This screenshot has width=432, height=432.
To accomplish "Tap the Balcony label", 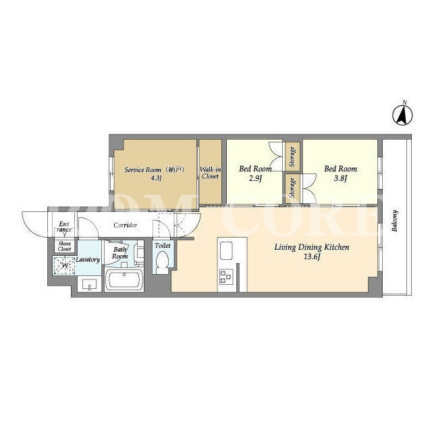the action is [395, 221].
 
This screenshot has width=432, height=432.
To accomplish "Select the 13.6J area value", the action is [312, 257].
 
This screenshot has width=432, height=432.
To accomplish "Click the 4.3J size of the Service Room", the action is [155, 178].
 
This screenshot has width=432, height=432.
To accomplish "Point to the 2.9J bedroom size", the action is [255, 178].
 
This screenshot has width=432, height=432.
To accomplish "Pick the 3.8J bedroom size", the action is [340, 178].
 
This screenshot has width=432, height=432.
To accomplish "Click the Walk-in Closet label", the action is [210, 173].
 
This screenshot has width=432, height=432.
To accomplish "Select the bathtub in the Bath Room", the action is [124, 279].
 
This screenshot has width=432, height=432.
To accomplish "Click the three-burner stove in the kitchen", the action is [227, 277].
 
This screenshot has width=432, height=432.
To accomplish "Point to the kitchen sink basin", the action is [227, 250].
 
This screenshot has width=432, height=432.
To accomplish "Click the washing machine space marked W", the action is [65, 265].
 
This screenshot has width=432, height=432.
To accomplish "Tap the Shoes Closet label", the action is [65, 246].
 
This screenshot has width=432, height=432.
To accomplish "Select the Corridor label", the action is [126, 225].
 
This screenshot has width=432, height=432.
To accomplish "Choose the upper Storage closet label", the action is [292, 157].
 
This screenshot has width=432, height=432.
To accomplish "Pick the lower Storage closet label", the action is [292, 188].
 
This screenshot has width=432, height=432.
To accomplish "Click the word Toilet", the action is [163, 245].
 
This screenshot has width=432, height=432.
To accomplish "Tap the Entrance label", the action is [65, 227].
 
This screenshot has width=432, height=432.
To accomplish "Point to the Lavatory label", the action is [88, 259].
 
